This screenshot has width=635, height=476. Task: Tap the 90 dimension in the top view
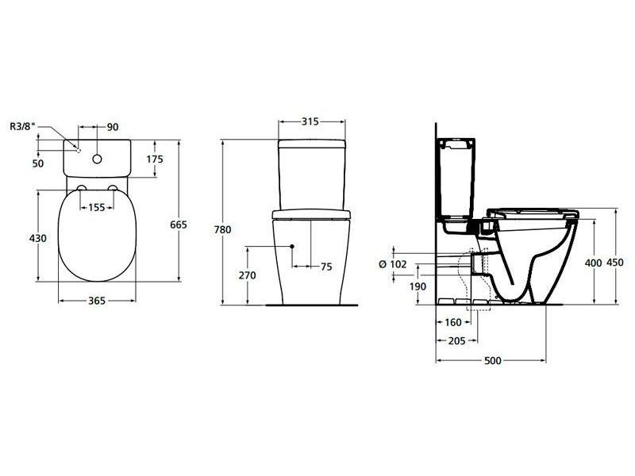tap(113, 127)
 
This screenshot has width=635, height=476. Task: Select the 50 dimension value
tap(37, 163)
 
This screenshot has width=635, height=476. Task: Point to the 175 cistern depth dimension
tap(155, 159)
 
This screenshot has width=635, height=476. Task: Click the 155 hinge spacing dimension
tap(97, 208)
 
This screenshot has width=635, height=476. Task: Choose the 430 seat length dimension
tap(37, 239)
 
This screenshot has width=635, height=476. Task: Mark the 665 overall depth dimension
tap(178, 225)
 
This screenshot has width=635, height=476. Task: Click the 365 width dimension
tap(97, 301)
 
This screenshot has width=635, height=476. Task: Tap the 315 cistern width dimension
tap(310, 121)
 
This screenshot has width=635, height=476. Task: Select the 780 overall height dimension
tap(222, 230)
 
